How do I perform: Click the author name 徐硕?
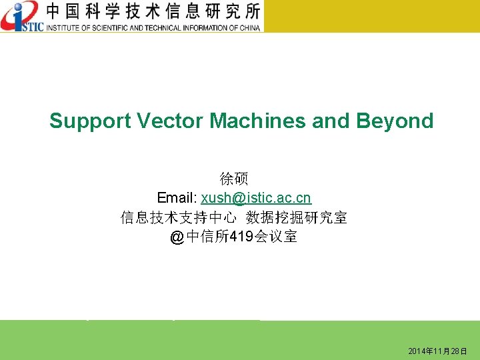(234, 179)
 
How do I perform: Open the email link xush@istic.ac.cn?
(256, 198)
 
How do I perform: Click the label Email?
(177, 198)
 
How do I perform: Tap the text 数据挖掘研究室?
(297, 217)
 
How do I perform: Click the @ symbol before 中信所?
(177, 237)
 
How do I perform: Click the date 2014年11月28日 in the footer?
(438, 351)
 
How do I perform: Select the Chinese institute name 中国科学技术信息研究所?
(153, 11)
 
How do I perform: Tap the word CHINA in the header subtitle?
(248, 27)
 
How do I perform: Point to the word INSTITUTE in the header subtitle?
(63, 27)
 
